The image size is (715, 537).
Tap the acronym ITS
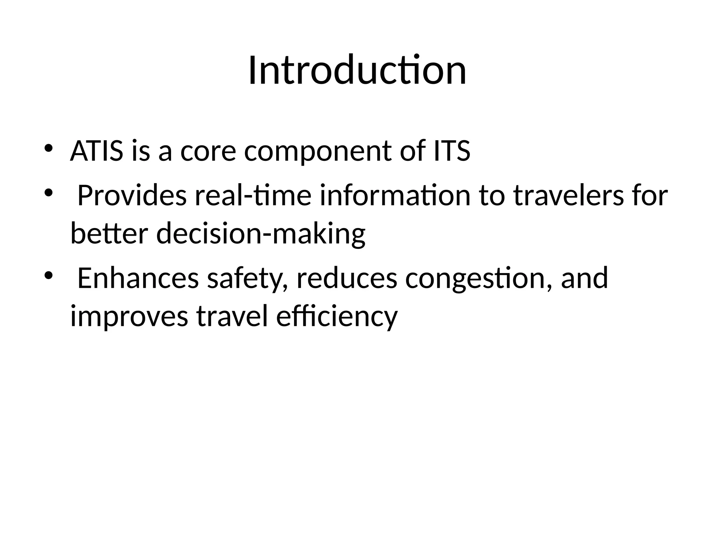pos(452,151)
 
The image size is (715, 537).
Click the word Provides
pos(132,195)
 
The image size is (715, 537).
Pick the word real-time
pos(253,195)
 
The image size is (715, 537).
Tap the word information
pos(395,195)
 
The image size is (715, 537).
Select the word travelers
pos(568,195)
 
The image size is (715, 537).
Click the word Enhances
pos(138,278)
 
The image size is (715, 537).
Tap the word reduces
pos(347,278)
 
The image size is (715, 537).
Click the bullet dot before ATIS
pos(48,148)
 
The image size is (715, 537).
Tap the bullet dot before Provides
pos(48,193)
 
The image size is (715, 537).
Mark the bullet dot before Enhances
pos(48,275)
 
